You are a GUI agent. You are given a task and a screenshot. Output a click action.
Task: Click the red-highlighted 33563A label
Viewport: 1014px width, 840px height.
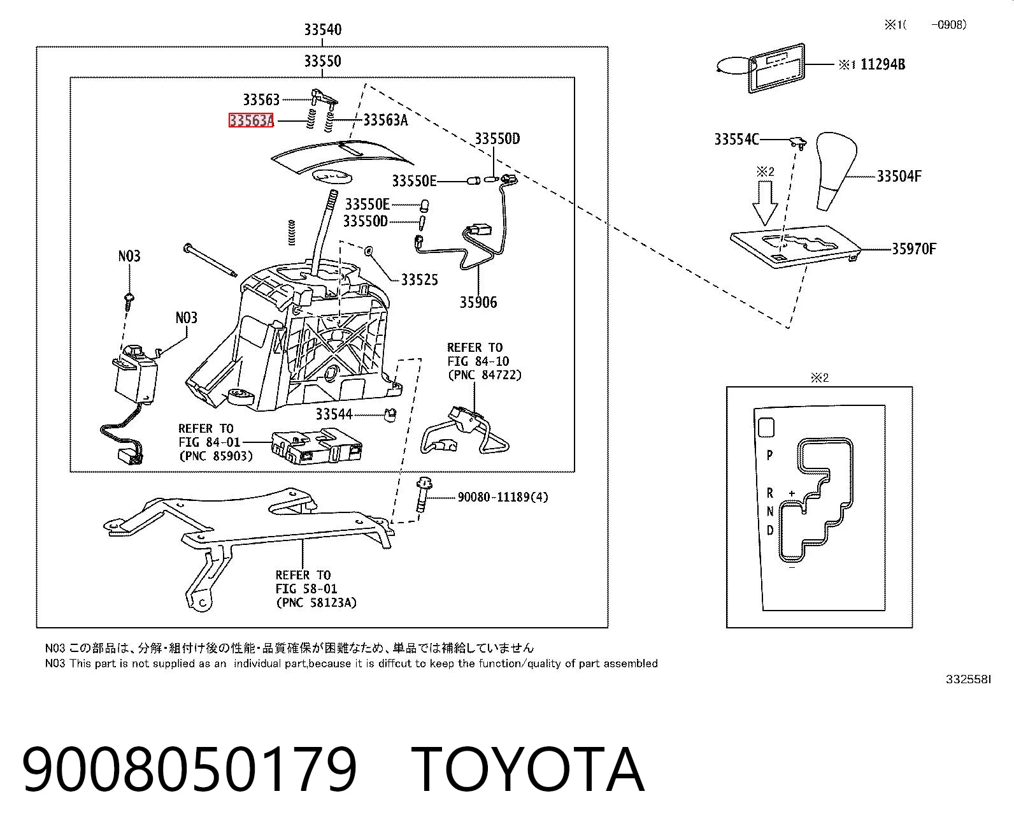[x=251, y=120]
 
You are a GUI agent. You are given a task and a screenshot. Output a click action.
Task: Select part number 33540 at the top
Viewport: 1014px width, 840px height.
[x=323, y=30]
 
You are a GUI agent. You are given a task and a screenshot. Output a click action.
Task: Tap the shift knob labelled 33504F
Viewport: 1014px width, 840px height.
[x=836, y=171]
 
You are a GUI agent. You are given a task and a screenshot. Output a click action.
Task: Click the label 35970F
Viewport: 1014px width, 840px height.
[x=914, y=249]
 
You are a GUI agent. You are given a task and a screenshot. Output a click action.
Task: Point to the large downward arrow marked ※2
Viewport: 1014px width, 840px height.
[x=766, y=203]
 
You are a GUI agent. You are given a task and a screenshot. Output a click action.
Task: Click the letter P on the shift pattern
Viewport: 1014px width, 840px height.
[x=769, y=456]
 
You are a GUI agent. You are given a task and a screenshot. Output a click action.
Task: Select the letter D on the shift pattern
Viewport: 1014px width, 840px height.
[x=770, y=530]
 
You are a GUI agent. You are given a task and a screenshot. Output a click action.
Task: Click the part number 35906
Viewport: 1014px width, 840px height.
[x=478, y=302]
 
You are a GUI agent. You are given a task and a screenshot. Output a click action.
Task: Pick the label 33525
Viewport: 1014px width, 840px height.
[x=419, y=280]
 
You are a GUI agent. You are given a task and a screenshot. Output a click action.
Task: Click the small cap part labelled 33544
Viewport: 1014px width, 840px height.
[x=390, y=415]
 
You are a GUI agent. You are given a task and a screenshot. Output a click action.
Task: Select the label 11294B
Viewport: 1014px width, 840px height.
[x=882, y=64]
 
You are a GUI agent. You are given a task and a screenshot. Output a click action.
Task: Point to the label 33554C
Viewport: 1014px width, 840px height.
[x=736, y=140]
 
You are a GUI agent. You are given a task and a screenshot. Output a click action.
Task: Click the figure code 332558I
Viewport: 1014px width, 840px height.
[x=968, y=679]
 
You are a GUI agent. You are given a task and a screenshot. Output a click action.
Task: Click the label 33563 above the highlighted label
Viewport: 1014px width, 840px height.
[x=261, y=99]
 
